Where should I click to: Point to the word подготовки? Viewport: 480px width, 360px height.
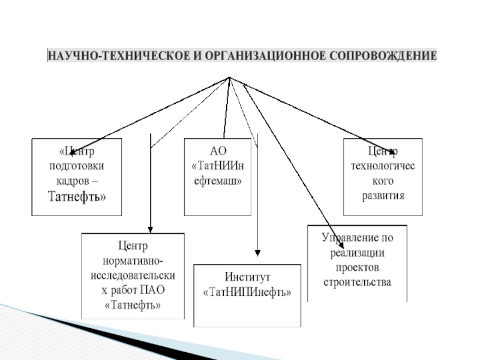pyautogui.click(x=76, y=166)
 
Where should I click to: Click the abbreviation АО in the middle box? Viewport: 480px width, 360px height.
pyautogui.click(x=217, y=151)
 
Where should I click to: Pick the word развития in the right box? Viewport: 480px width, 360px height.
pyautogui.click(x=383, y=195)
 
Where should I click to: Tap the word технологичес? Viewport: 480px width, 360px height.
pyautogui.click(x=383, y=166)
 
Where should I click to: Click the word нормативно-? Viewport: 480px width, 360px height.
pyautogui.click(x=133, y=261)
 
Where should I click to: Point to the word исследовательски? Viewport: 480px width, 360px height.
pyautogui.click(x=133, y=275)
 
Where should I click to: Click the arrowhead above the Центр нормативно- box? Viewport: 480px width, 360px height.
pyautogui.click(x=150, y=229)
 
